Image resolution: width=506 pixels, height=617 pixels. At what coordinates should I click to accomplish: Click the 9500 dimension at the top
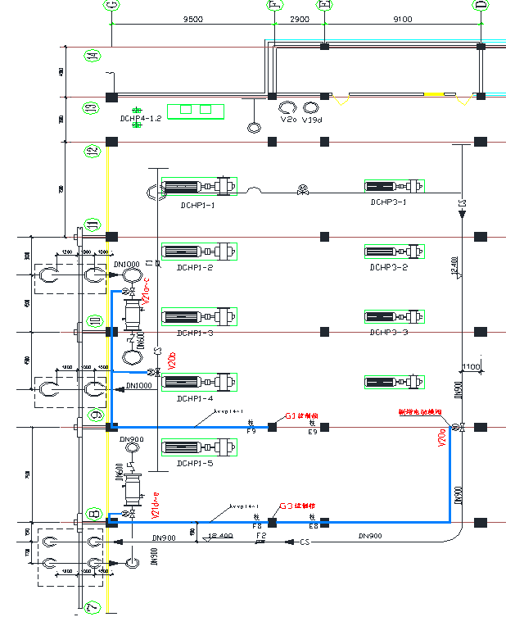click(193, 18)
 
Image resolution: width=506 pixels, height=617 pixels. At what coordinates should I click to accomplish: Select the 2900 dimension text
click(300, 18)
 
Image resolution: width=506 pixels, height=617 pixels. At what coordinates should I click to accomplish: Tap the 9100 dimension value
click(403, 18)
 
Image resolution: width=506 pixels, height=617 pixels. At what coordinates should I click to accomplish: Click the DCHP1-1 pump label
click(197, 206)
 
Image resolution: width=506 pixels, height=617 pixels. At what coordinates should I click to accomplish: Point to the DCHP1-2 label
click(195, 268)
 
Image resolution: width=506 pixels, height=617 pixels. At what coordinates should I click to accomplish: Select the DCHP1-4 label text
click(195, 398)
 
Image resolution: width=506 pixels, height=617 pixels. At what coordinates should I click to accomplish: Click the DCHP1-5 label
click(195, 463)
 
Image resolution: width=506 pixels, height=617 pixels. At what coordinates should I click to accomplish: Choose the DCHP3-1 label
click(388, 202)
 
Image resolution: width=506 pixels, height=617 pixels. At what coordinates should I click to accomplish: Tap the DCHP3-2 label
click(388, 267)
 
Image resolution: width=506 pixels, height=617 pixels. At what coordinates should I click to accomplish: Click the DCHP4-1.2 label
click(141, 118)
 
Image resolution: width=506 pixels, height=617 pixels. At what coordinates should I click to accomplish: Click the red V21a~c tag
click(147, 291)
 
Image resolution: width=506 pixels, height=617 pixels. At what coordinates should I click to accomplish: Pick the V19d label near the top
click(312, 120)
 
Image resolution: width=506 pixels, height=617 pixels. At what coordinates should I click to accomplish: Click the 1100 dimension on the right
click(472, 366)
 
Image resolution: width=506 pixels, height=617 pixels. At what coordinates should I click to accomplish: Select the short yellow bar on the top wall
click(434, 95)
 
